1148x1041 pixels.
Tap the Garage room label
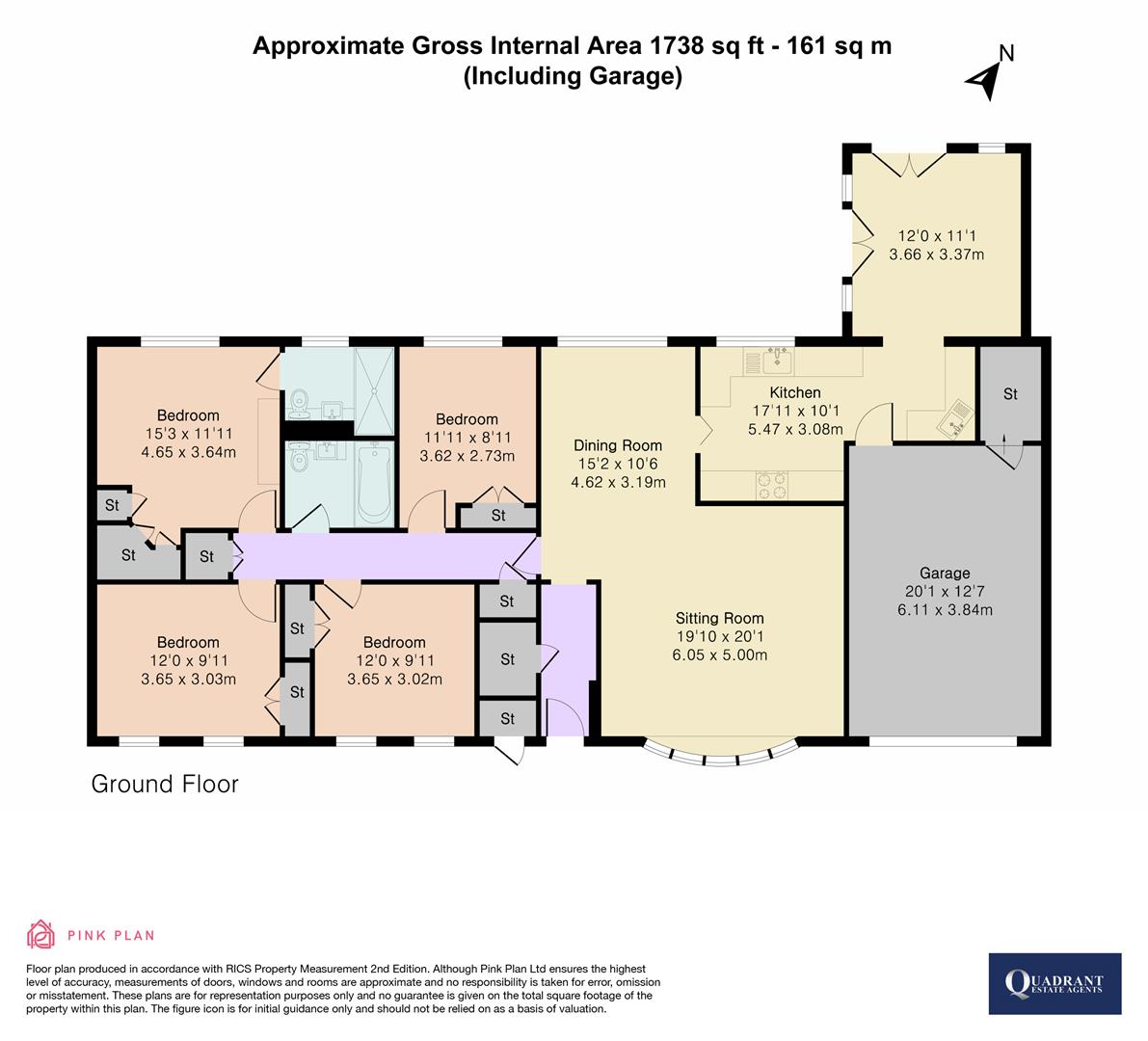point(944,573)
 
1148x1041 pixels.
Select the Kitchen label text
point(795,392)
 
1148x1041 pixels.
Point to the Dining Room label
point(618,445)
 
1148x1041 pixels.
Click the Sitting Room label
point(719,619)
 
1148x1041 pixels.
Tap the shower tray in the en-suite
point(374,389)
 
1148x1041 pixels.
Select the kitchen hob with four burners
point(771,485)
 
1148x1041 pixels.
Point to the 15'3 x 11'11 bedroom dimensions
point(188,434)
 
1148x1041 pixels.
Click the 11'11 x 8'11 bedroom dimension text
point(467,438)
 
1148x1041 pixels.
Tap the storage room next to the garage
point(1010,393)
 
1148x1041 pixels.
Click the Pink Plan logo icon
point(40,934)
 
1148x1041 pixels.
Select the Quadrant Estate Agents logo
point(1055,983)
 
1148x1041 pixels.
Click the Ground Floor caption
point(165,784)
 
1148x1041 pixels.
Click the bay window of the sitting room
point(720,755)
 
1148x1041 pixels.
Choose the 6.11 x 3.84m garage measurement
point(944,609)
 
